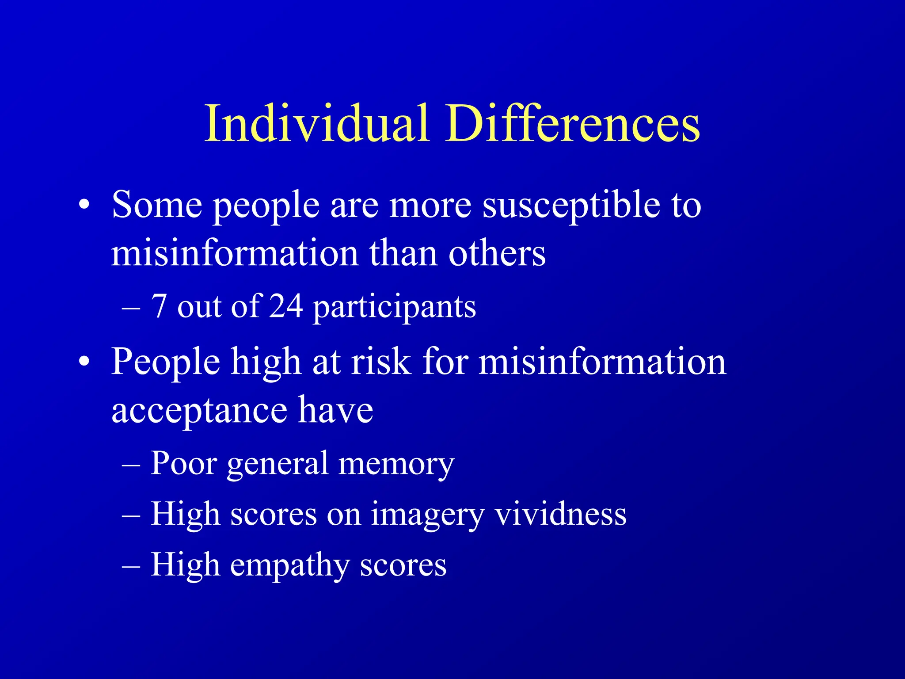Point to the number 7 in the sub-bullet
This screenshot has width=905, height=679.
(x=159, y=306)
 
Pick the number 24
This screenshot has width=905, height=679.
(x=286, y=306)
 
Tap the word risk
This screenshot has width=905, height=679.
(x=381, y=362)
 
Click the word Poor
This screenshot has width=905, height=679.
(x=184, y=463)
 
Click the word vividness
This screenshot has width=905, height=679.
(x=560, y=514)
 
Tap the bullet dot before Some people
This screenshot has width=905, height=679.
(x=84, y=206)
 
